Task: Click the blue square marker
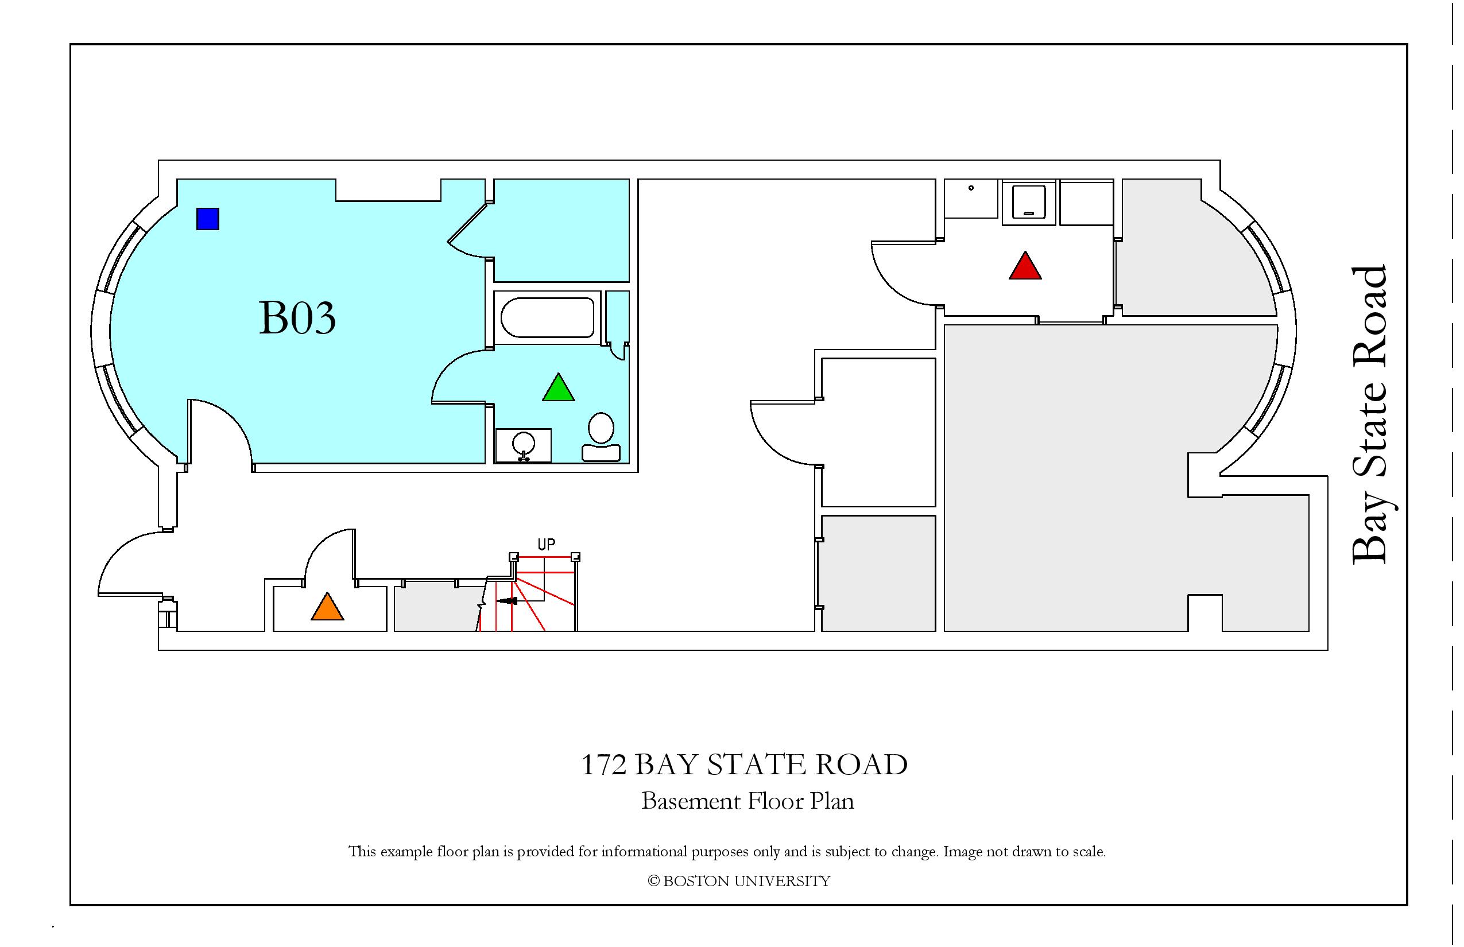pyautogui.click(x=208, y=219)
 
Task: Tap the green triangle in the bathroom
pyautogui.click(x=559, y=388)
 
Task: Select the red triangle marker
pyautogui.click(x=1025, y=266)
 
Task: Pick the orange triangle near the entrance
pyautogui.click(x=327, y=607)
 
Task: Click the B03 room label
pyautogui.click(x=297, y=317)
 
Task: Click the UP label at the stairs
pyautogui.click(x=546, y=544)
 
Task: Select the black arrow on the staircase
pyautogui.click(x=506, y=601)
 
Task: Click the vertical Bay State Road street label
pyautogui.click(x=1369, y=414)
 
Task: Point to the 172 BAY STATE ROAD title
pyautogui.click(x=744, y=765)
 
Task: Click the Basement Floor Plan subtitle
pyautogui.click(x=748, y=801)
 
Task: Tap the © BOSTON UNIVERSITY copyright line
pyautogui.click(x=739, y=881)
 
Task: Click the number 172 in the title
pyautogui.click(x=604, y=765)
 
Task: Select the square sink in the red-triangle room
pyautogui.click(x=1029, y=201)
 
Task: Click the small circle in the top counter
pyautogui.click(x=971, y=188)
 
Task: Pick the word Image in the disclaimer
pyautogui.click(x=963, y=852)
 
